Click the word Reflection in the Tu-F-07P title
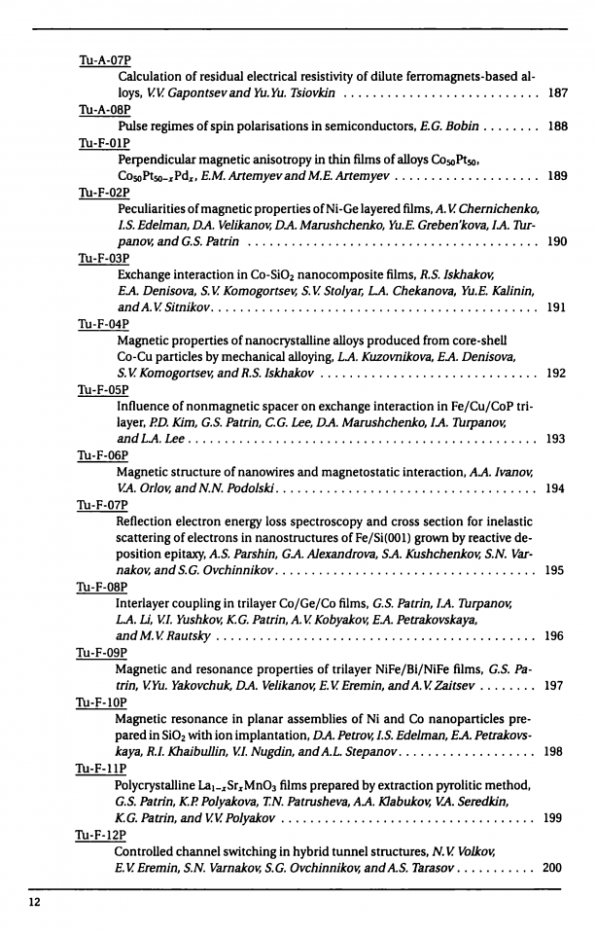[147, 524]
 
